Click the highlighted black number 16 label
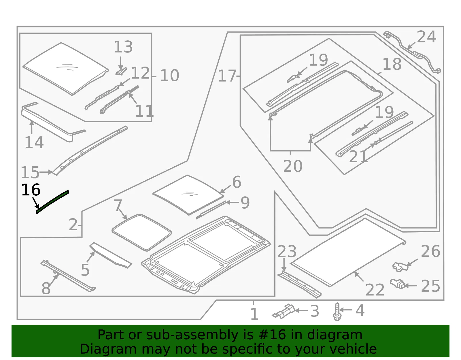(x=31, y=190)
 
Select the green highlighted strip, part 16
(x=52, y=202)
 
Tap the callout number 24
(x=426, y=37)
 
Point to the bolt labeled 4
(x=337, y=311)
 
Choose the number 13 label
(x=123, y=47)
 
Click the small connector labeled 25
(x=398, y=284)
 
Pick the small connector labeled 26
(x=400, y=267)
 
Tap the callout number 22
(x=375, y=290)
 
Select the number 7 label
(x=118, y=205)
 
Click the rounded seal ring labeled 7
(x=142, y=233)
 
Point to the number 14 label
(x=34, y=142)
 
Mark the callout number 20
(x=292, y=166)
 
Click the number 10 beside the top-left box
(x=169, y=75)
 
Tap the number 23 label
(x=287, y=251)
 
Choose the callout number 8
(x=46, y=288)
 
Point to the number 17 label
(x=227, y=76)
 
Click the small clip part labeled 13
(x=121, y=71)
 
